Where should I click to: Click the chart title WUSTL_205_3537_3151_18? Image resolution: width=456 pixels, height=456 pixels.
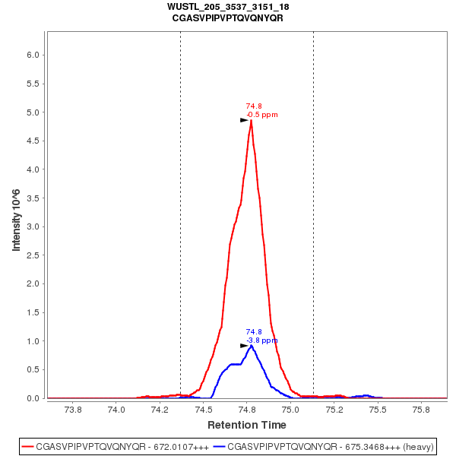(228, 7)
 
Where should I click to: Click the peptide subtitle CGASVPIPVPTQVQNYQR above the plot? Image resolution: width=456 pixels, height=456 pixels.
(228, 17)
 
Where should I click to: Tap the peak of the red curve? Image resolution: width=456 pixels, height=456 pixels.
(251, 120)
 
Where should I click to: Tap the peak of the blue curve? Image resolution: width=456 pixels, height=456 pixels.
(251, 346)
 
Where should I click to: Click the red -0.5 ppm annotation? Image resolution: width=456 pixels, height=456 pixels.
(262, 115)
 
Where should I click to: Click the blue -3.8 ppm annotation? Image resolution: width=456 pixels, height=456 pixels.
(262, 340)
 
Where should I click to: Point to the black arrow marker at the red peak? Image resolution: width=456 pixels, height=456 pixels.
(244, 120)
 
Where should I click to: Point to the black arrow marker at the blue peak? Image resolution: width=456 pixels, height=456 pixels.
(244, 346)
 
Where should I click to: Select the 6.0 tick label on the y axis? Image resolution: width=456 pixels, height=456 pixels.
(32, 55)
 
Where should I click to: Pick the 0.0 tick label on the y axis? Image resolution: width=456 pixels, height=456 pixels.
(32, 398)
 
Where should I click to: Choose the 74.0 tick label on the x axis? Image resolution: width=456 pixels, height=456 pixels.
(116, 410)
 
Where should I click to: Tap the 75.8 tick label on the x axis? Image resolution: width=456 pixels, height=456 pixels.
(420, 410)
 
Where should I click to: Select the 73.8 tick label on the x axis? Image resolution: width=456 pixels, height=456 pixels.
(73, 410)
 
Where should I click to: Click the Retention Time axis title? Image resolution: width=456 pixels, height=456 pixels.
(247, 425)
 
